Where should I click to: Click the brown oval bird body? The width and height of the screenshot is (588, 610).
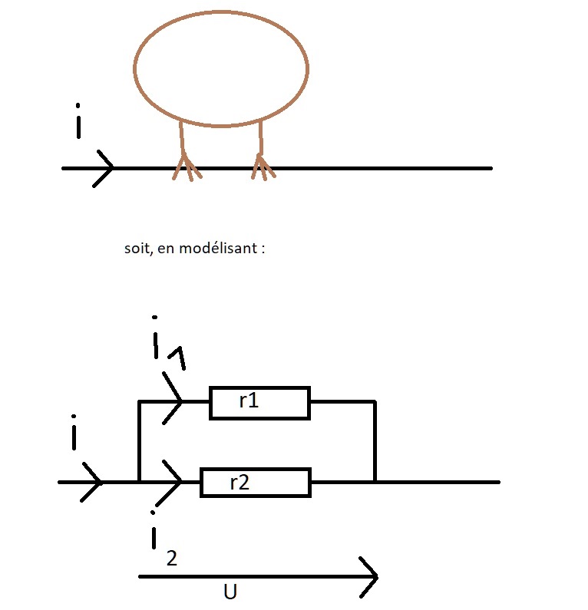[x=221, y=68]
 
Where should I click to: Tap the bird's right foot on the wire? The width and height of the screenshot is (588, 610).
[x=263, y=167]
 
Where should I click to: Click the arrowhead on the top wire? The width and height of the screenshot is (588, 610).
[x=105, y=167]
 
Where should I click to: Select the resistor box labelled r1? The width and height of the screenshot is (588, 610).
[x=259, y=402]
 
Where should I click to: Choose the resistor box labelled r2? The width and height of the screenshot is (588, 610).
[x=255, y=483]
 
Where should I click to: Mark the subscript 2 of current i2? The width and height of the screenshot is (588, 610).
[x=172, y=558]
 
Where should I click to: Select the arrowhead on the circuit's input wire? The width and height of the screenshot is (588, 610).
[x=93, y=482]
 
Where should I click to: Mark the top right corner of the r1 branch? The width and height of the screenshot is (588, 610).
[x=375, y=401]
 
